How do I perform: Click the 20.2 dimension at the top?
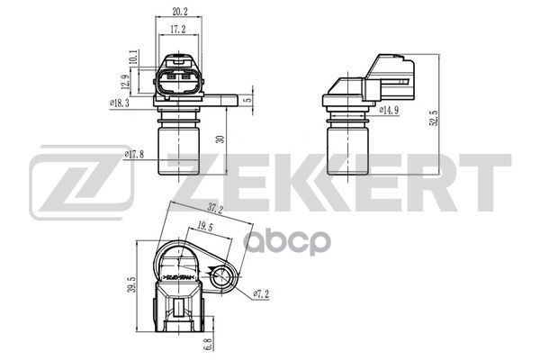179,13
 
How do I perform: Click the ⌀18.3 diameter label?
121,104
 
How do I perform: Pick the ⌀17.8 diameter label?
134,154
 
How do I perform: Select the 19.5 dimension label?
203,229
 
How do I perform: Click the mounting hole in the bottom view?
220,276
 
